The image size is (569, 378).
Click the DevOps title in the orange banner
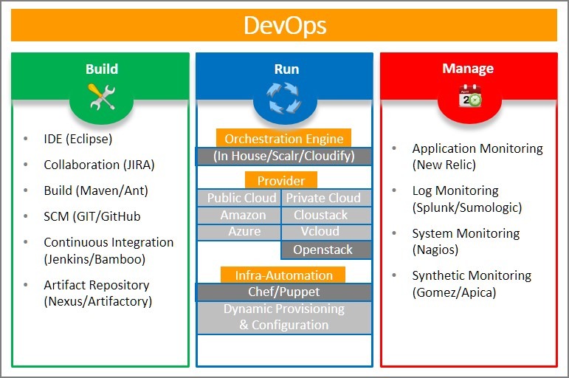pyautogui.click(x=284, y=26)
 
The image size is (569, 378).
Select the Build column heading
pyautogui.click(x=101, y=69)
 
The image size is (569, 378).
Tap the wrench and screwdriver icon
pyautogui.click(x=102, y=97)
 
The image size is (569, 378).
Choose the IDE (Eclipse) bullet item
pyautogui.click(x=77, y=139)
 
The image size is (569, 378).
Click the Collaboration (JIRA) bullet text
pyautogui.click(x=99, y=165)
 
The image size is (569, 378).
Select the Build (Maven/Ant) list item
pyautogui.click(x=96, y=190)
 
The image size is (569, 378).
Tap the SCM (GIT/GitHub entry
pyautogui.click(x=92, y=216)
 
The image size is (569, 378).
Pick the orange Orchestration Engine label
pyautogui.click(x=284, y=139)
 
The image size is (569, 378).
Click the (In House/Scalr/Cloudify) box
pyautogui.click(x=284, y=157)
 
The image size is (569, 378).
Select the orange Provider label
pyautogui.click(x=281, y=181)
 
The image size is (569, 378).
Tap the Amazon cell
pyautogui.click(x=243, y=215)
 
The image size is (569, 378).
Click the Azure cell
pyautogui.click(x=244, y=232)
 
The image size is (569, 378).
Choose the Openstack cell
pyautogui.click(x=323, y=250)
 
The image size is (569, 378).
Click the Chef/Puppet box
pyautogui.click(x=284, y=292)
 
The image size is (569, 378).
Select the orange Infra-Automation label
pyautogui.click(x=284, y=275)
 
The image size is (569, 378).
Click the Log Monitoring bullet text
pyautogui.click(x=455, y=190)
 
